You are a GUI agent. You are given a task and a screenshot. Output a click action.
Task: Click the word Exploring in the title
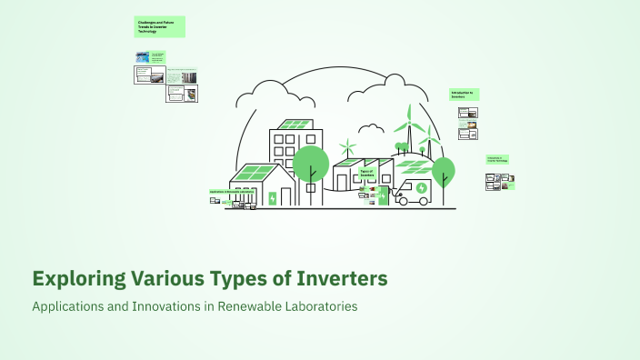pyautogui.click(x=77, y=277)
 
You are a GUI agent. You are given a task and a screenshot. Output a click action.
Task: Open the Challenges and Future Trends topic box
pyautogui.click(x=159, y=27)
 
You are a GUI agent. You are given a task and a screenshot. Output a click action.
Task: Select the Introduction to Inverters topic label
pyautogui.click(x=464, y=94)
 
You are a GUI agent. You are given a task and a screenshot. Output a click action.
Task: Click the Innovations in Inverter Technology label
pyautogui.click(x=497, y=159)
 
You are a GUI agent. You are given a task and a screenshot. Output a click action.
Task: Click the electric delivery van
pyautogui.click(x=414, y=192)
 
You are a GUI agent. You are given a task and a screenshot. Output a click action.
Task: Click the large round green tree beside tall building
pyautogui.click(x=310, y=163)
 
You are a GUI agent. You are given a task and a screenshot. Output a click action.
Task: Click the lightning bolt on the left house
pyautogui.click(x=271, y=198)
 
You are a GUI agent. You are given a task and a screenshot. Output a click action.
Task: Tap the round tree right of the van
pyautogui.click(x=443, y=171)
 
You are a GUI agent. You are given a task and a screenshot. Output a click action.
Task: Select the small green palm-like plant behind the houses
pyautogui.click(x=346, y=145)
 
